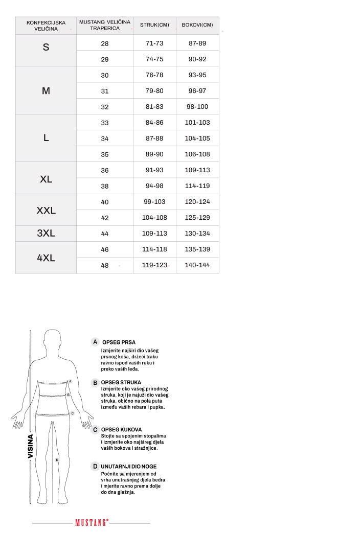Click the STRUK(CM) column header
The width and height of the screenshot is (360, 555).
tap(154, 25)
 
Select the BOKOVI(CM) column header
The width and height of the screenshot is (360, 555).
tap(197, 25)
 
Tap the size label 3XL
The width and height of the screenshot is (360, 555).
tap(46, 234)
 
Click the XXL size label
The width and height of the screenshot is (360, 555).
tap(46, 211)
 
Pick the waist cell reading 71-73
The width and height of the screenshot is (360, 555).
tap(154, 43)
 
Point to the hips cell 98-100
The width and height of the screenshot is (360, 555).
tap(197, 107)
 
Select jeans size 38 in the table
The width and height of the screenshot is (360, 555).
tap(105, 186)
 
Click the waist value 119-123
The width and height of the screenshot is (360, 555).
tap(154, 265)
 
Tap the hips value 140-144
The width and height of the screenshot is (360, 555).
tap(197, 265)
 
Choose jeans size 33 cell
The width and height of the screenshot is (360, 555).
tap(105, 123)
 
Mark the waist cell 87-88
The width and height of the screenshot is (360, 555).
tap(154, 138)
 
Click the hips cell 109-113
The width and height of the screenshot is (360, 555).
tap(197, 170)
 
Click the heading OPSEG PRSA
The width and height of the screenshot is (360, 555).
tap(119, 342)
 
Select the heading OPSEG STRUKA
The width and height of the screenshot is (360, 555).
tap(121, 382)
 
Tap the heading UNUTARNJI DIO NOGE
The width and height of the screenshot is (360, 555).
tap(129, 467)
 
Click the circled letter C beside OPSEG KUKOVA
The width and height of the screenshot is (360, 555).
tap(95, 430)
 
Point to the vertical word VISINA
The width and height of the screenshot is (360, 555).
tap(30, 446)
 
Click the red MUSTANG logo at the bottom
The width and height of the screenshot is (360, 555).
tap(92, 523)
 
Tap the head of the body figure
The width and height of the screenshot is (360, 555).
tap(53, 340)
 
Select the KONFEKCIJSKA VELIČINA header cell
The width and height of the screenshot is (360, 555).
tap(46, 26)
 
